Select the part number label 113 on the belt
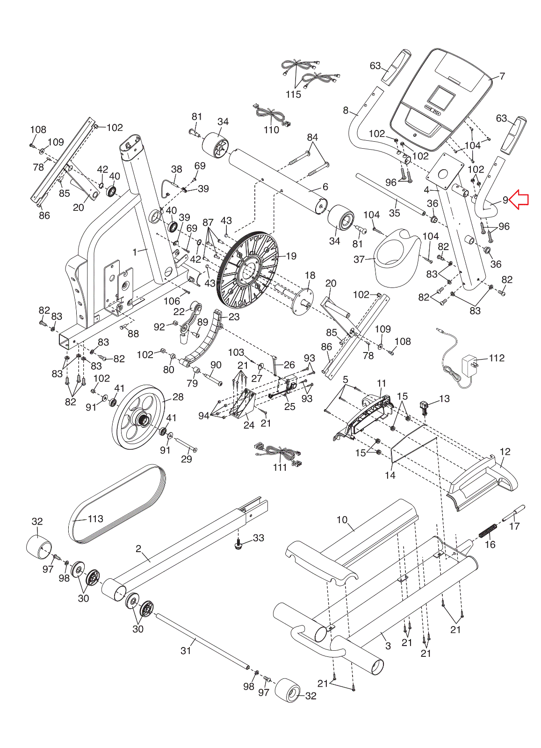pyautogui.click(x=95, y=518)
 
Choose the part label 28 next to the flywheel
pyautogui.click(x=178, y=397)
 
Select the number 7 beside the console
pyautogui.click(x=503, y=77)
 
